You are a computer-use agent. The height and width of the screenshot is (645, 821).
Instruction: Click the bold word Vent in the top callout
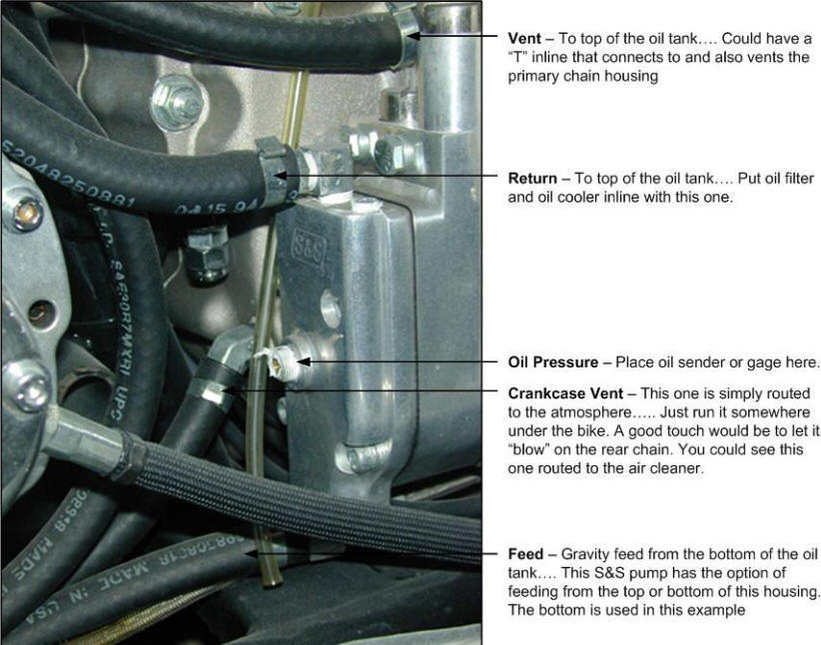(x=524, y=38)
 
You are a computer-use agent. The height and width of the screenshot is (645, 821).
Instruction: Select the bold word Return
(x=532, y=178)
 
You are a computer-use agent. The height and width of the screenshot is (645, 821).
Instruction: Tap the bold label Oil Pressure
(x=553, y=361)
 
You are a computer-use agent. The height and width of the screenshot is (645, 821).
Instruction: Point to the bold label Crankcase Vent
(x=565, y=393)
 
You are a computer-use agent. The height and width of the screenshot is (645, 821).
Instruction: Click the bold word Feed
(x=525, y=553)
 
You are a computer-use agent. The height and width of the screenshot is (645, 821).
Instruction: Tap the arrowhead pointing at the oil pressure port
(x=305, y=361)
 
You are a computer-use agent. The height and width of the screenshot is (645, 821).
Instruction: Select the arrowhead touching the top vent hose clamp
(x=412, y=36)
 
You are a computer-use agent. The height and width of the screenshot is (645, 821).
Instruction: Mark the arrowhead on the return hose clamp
(x=281, y=176)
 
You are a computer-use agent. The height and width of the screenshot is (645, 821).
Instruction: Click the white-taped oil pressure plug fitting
(x=278, y=362)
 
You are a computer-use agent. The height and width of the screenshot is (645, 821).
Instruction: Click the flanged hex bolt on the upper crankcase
(x=177, y=102)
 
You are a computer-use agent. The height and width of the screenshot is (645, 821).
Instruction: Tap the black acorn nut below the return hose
(x=207, y=257)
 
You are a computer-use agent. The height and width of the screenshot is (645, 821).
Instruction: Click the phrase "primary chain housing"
(x=582, y=76)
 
